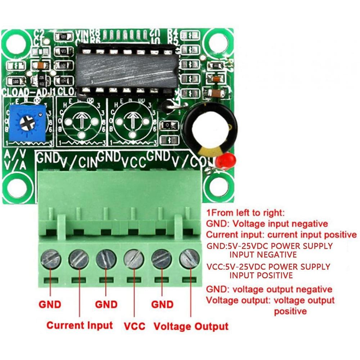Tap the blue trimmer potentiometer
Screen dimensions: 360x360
[x=28, y=123]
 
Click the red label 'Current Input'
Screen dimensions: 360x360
[x=80, y=325]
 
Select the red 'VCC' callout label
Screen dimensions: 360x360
[x=135, y=327]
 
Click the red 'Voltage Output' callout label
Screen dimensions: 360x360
[x=191, y=327]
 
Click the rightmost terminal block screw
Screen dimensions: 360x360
[x=189, y=259]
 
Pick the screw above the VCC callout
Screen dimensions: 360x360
[x=134, y=259]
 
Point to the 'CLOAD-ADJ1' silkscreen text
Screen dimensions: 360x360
[x=29, y=92]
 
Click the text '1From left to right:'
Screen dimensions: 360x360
[x=245, y=212]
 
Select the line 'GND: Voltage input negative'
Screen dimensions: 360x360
[x=267, y=224]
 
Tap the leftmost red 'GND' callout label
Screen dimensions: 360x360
[x=50, y=305]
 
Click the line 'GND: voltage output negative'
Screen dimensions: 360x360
[x=269, y=289]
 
